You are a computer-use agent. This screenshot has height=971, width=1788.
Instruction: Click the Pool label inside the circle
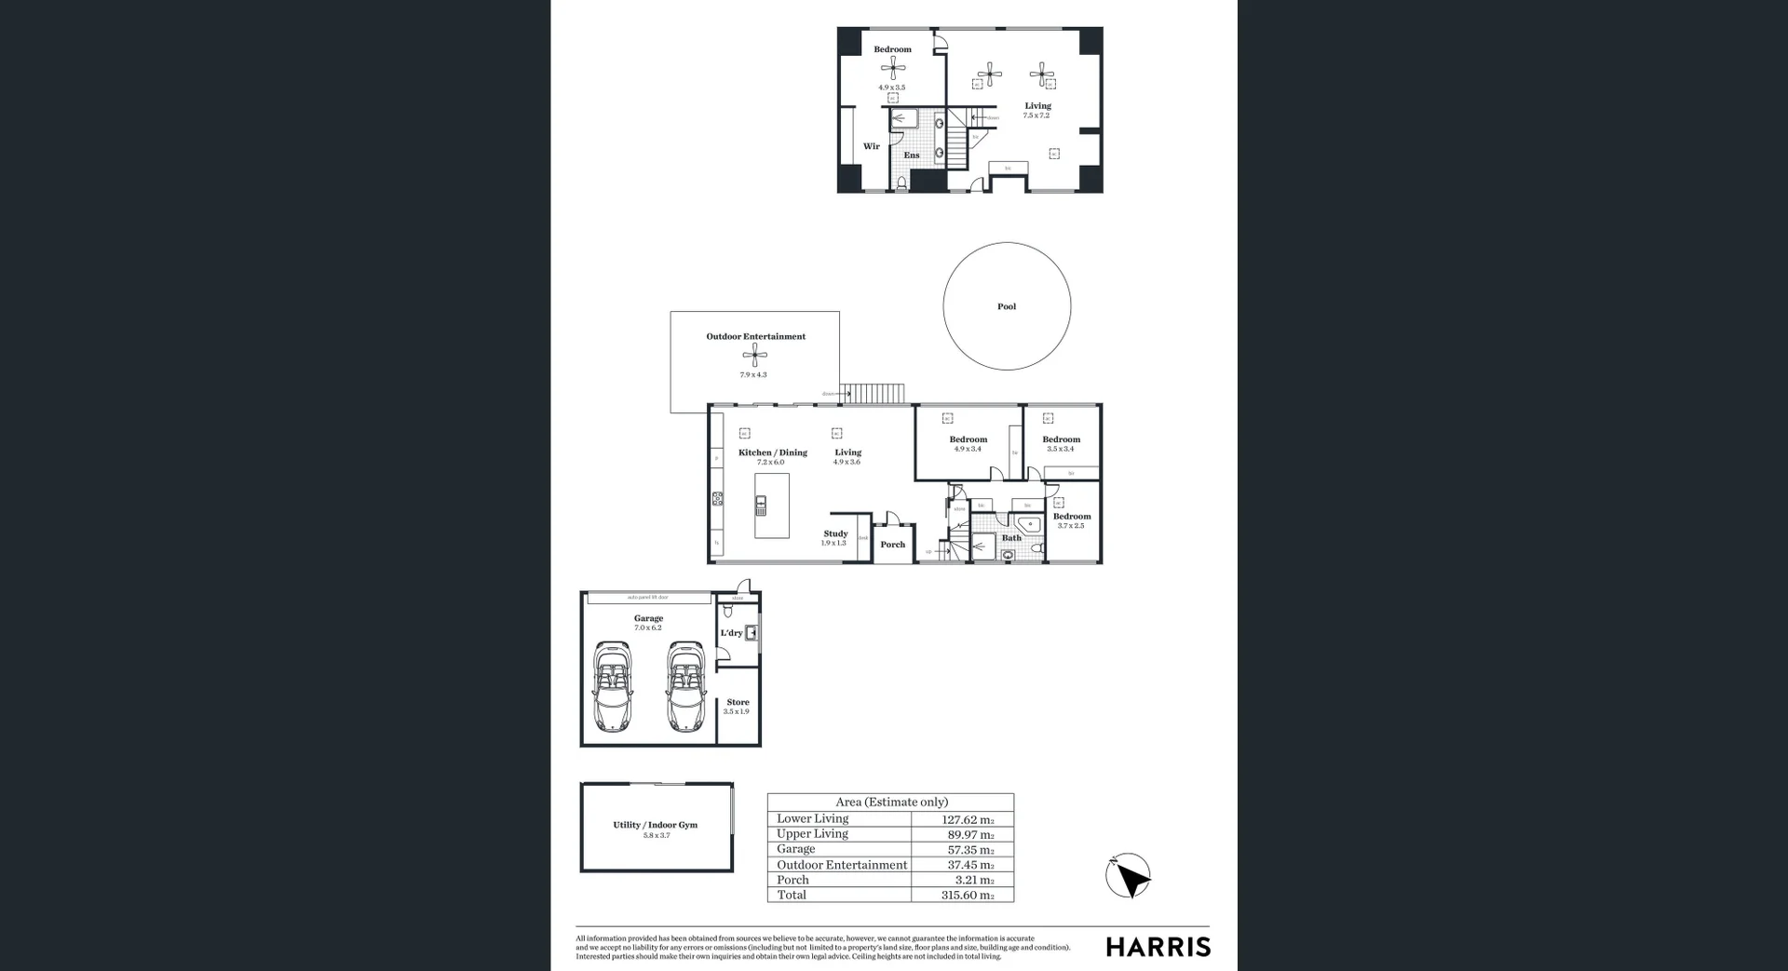pyautogui.click(x=1007, y=306)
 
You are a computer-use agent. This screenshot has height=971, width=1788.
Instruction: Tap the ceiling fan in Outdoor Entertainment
pyautogui.click(x=755, y=354)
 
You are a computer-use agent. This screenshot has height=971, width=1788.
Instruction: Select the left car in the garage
pyautogui.click(x=612, y=686)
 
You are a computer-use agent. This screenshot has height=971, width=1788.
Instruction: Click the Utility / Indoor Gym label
pyautogui.click(x=655, y=825)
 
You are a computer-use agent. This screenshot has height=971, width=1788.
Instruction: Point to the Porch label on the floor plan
pyautogui.click(x=892, y=545)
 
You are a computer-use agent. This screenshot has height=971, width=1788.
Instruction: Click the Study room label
pyautogui.click(x=835, y=534)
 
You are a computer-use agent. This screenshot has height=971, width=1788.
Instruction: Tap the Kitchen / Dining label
pyautogui.click(x=772, y=452)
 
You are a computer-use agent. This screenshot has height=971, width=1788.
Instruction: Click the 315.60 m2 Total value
pyautogui.click(x=967, y=895)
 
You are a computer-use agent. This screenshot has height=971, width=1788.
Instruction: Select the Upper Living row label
pyautogui.click(x=812, y=833)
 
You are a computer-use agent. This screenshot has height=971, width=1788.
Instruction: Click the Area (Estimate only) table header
pyautogui.click(x=891, y=802)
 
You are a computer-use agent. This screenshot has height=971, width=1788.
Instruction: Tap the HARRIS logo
pyautogui.click(x=1158, y=948)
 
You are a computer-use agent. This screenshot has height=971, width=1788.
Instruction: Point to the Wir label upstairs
pyautogui.click(x=871, y=146)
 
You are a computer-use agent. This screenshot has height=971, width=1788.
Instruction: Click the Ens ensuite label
pyautogui.click(x=911, y=155)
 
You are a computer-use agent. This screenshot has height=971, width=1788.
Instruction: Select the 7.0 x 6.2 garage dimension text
pyautogui.click(x=648, y=627)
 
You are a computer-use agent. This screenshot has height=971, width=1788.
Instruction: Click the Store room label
pyautogui.click(x=738, y=702)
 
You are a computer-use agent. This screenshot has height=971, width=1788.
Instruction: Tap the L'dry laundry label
pyautogui.click(x=731, y=633)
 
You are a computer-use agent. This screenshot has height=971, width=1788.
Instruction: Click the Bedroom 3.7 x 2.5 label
pyautogui.click(x=1071, y=517)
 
